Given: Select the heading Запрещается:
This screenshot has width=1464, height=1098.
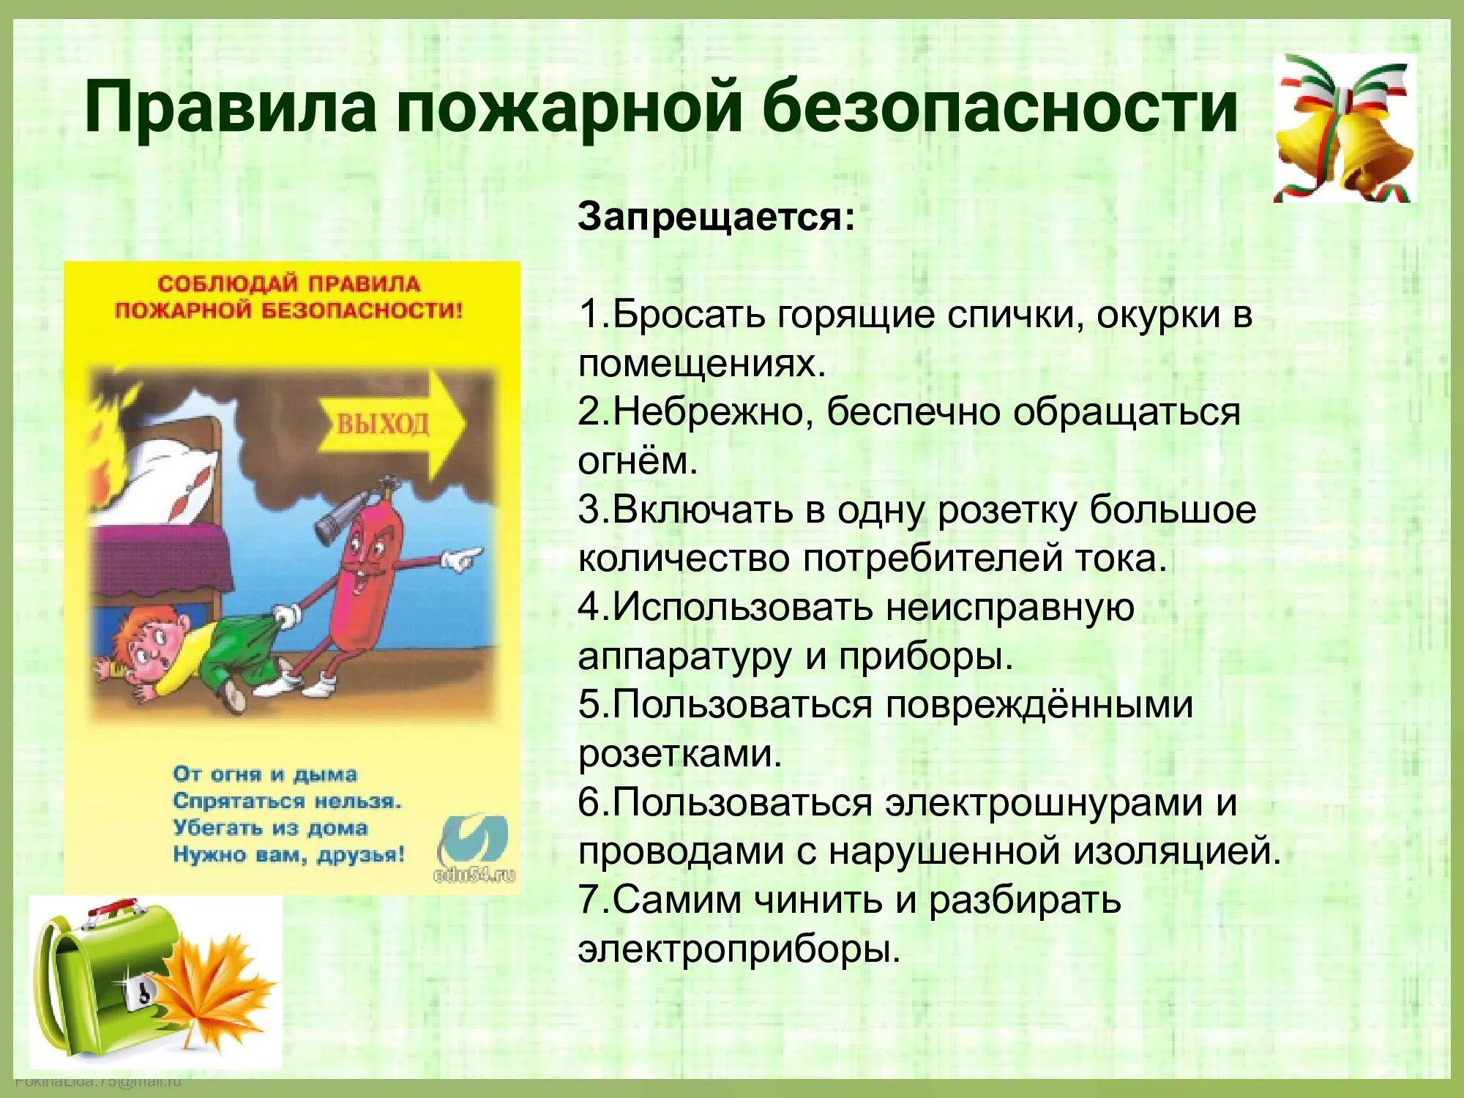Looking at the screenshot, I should point(716,217).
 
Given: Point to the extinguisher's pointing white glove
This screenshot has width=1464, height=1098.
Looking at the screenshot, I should point(461,559).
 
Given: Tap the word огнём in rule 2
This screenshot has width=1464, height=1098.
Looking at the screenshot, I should point(637,461).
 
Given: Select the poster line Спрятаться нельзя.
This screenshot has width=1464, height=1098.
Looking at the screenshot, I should point(287,801).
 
